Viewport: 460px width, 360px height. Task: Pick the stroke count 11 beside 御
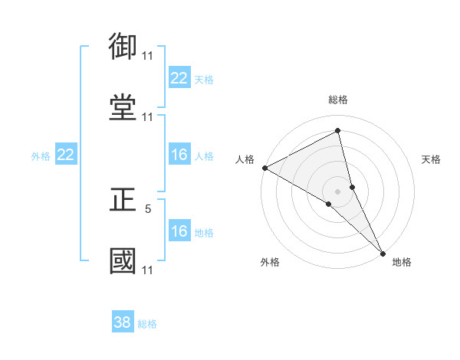pos(147,56)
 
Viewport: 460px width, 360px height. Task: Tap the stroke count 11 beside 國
pos(147,270)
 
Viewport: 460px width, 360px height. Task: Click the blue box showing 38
pos(123,322)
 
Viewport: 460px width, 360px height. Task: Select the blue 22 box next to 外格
pos(66,155)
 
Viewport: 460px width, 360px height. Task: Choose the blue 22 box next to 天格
pos(179,78)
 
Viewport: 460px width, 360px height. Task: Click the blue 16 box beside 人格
pos(179,155)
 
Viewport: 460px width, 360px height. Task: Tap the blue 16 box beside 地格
pos(179,231)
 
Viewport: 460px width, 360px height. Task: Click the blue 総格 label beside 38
pos(147,324)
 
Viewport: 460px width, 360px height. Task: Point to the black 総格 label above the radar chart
pos(338,100)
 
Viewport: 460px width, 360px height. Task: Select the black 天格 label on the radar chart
pos(432,159)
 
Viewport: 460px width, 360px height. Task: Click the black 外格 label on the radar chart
pos(270,262)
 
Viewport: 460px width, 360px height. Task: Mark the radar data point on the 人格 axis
pos(264,167)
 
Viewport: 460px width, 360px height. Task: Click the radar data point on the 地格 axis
pos(383,252)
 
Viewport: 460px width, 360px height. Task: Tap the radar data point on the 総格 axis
pos(338,130)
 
